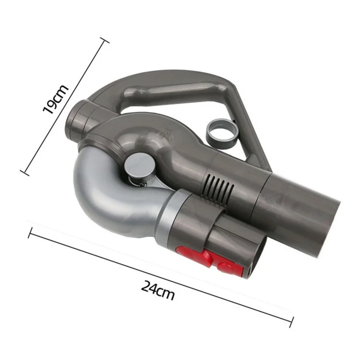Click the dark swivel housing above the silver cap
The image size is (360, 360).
coord(135,135)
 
